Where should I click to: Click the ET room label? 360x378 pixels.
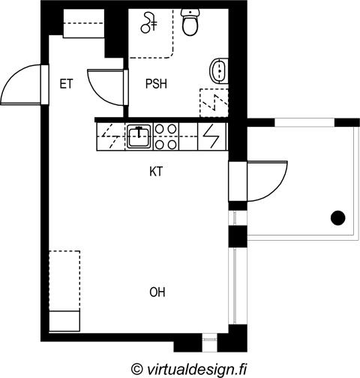[66, 84]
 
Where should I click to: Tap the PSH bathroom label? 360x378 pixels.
[156, 84]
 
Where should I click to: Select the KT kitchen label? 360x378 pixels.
[156, 172]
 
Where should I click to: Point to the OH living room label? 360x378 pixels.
[157, 292]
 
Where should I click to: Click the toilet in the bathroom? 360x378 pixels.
[190, 22]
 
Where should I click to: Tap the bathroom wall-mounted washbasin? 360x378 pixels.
[219, 70]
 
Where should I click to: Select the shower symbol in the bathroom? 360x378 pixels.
[149, 23]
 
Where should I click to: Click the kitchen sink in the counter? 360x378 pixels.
[139, 136]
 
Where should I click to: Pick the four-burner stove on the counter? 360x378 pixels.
[165, 136]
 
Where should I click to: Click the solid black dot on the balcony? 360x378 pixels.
[338, 217]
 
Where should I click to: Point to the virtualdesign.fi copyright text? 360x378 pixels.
[189, 369]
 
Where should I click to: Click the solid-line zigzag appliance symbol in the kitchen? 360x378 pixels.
[211, 136]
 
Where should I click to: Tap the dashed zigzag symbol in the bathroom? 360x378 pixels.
[214, 102]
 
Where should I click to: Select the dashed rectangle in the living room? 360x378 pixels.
[64, 280]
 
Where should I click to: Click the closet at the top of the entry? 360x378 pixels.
[84, 23]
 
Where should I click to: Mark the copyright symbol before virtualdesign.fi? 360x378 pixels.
[137, 369]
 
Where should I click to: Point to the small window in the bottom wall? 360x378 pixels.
[209, 339]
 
